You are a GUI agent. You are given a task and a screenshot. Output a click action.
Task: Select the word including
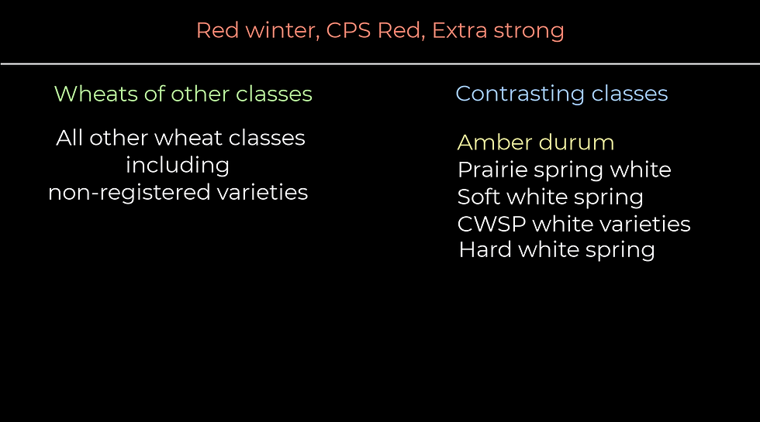(178, 166)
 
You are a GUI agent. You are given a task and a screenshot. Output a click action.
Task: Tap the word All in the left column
(69, 139)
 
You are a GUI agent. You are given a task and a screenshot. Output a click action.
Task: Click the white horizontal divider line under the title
(380, 63)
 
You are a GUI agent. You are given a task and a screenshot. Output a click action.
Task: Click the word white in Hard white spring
(547, 250)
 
